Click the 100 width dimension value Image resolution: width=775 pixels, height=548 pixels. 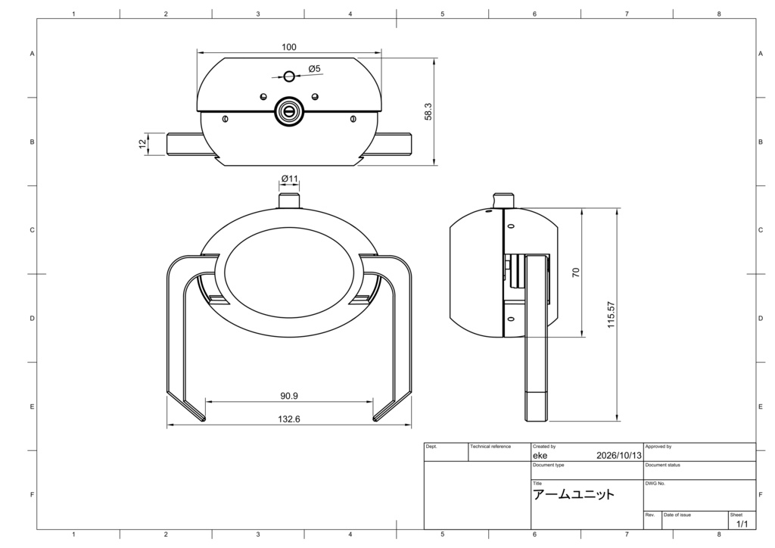click(x=289, y=47)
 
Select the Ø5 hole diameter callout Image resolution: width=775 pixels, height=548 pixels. click(x=314, y=69)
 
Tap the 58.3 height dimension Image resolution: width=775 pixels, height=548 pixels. click(x=428, y=112)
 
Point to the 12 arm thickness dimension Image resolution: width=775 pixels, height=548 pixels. click(x=142, y=143)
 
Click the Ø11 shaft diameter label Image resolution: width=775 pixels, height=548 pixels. click(x=290, y=179)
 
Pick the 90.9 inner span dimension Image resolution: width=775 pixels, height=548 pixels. click(x=289, y=396)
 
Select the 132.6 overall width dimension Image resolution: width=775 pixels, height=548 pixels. click(x=289, y=419)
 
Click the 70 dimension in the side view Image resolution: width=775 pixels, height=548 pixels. click(x=576, y=272)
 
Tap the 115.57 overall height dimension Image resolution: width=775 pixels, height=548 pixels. click(x=612, y=315)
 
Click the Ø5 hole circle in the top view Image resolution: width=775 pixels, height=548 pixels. click(x=289, y=76)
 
